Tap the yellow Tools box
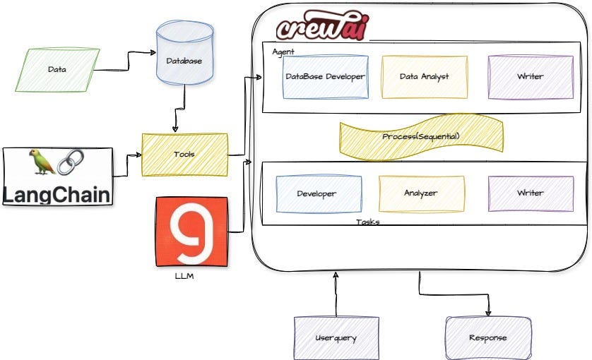pyautogui.click(x=184, y=154)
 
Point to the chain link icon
pyautogui.click(x=70, y=162)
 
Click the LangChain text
pyautogui.click(x=57, y=193)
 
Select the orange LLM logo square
pyautogui.click(x=191, y=232)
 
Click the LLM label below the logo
pyautogui.click(x=184, y=276)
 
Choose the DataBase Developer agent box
pyautogui.click(x=325, y=76)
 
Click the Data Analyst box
pyautogui.click(x=424, y=76)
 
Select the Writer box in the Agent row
pyautogui.click(x=530, y=76)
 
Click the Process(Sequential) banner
pyautogui.click(x=421, y=136)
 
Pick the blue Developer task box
pyautogui.click(x=317, y=193)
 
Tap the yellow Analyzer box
pyautogui.click(x=421, y=193)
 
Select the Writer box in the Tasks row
pyautogui.click(x=530, y=193)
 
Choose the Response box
pyautogui.click(x=487, y=337)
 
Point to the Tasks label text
pyautogui.click(x=367, y=222)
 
